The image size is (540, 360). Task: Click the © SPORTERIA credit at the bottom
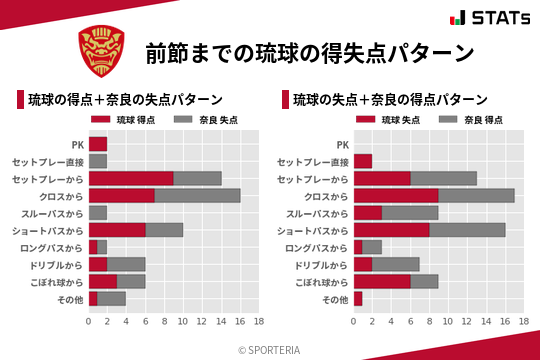click(x=270, y=349)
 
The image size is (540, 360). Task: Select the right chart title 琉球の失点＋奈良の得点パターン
click(x=390, y=100)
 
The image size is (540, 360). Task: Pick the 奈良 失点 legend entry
click(x=199, y=120)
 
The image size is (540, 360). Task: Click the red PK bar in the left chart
click(x=98, y=144)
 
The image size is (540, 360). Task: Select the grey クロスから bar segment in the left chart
click(x=197, y=195)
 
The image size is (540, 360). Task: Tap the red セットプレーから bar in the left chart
click(x=131, y=178)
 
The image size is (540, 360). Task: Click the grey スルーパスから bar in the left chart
click(x=98, y=212)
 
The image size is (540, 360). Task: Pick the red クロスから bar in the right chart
click(x=395, y=195)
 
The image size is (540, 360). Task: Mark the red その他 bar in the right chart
click(x=357, y=298)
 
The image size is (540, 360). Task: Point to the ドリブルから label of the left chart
click(x=55, y=264)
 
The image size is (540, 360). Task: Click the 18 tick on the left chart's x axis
click(x=258, y=321)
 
